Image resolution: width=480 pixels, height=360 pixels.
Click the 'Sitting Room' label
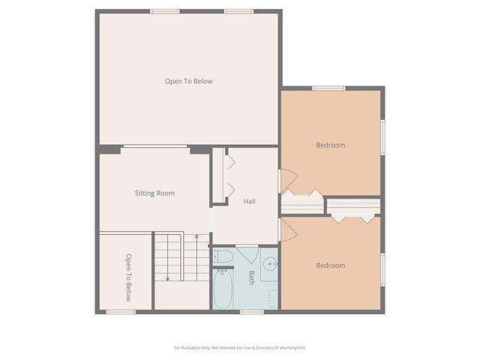(x=154, y=193)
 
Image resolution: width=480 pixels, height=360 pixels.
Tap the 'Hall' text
(x=250, y=201)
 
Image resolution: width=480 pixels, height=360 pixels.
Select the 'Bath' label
(x=251, y=277)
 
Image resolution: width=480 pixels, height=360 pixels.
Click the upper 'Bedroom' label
(x=330, y=145)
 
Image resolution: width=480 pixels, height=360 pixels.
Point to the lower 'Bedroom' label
(x=330, y=265)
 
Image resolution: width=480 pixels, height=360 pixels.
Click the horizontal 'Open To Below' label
(x=189, y=81)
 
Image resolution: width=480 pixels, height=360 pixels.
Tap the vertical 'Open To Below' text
(x=128, y=277)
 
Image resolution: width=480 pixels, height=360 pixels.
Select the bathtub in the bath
(x=223, y=289)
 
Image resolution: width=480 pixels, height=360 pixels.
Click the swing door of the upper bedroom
(x=288, y=181)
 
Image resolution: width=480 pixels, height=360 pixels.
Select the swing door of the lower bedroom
(x=288, y=230)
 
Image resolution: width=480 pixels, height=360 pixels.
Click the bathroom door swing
(x=247, y=254)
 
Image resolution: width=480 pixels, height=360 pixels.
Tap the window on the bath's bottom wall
(x=251, y=311)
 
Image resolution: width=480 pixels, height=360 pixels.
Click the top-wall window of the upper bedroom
(x=328, y=88)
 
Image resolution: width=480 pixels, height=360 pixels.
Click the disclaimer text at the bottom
(x=240, y=347)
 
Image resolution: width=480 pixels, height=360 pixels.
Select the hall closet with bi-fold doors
(x=218, y=176)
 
